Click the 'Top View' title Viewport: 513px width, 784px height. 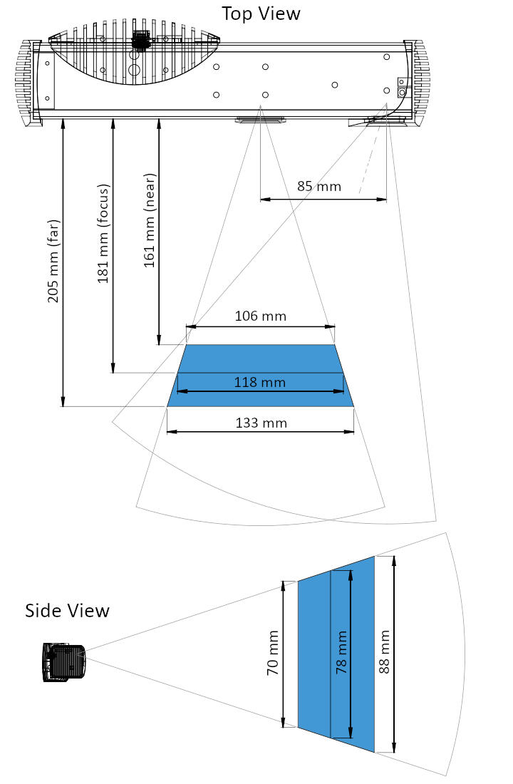pyautogui.click(x=261, y=14)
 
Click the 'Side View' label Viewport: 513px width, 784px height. pyautogui.click(x=68, y=611)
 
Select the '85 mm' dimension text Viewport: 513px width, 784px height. pyautogui.click(x=318, y=187)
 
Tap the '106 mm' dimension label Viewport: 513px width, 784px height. pyautogui.click(x=260, y=316)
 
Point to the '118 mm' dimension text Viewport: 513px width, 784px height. pyautogui.click(x=260, y=383)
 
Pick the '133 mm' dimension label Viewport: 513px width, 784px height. pyautogui.click(x=261, y=423)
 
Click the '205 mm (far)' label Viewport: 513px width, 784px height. pyautogui.click(x=54, y=261)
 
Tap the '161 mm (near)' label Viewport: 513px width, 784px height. pyautogui.click(x=150, y=220)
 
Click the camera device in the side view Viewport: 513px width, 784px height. pyautogui.click(x=64, y=663)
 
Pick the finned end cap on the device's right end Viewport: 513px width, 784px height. pyautogui.click(x=421, y=83)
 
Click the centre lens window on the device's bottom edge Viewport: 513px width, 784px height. pyautogui.click(x=259, y=119)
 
